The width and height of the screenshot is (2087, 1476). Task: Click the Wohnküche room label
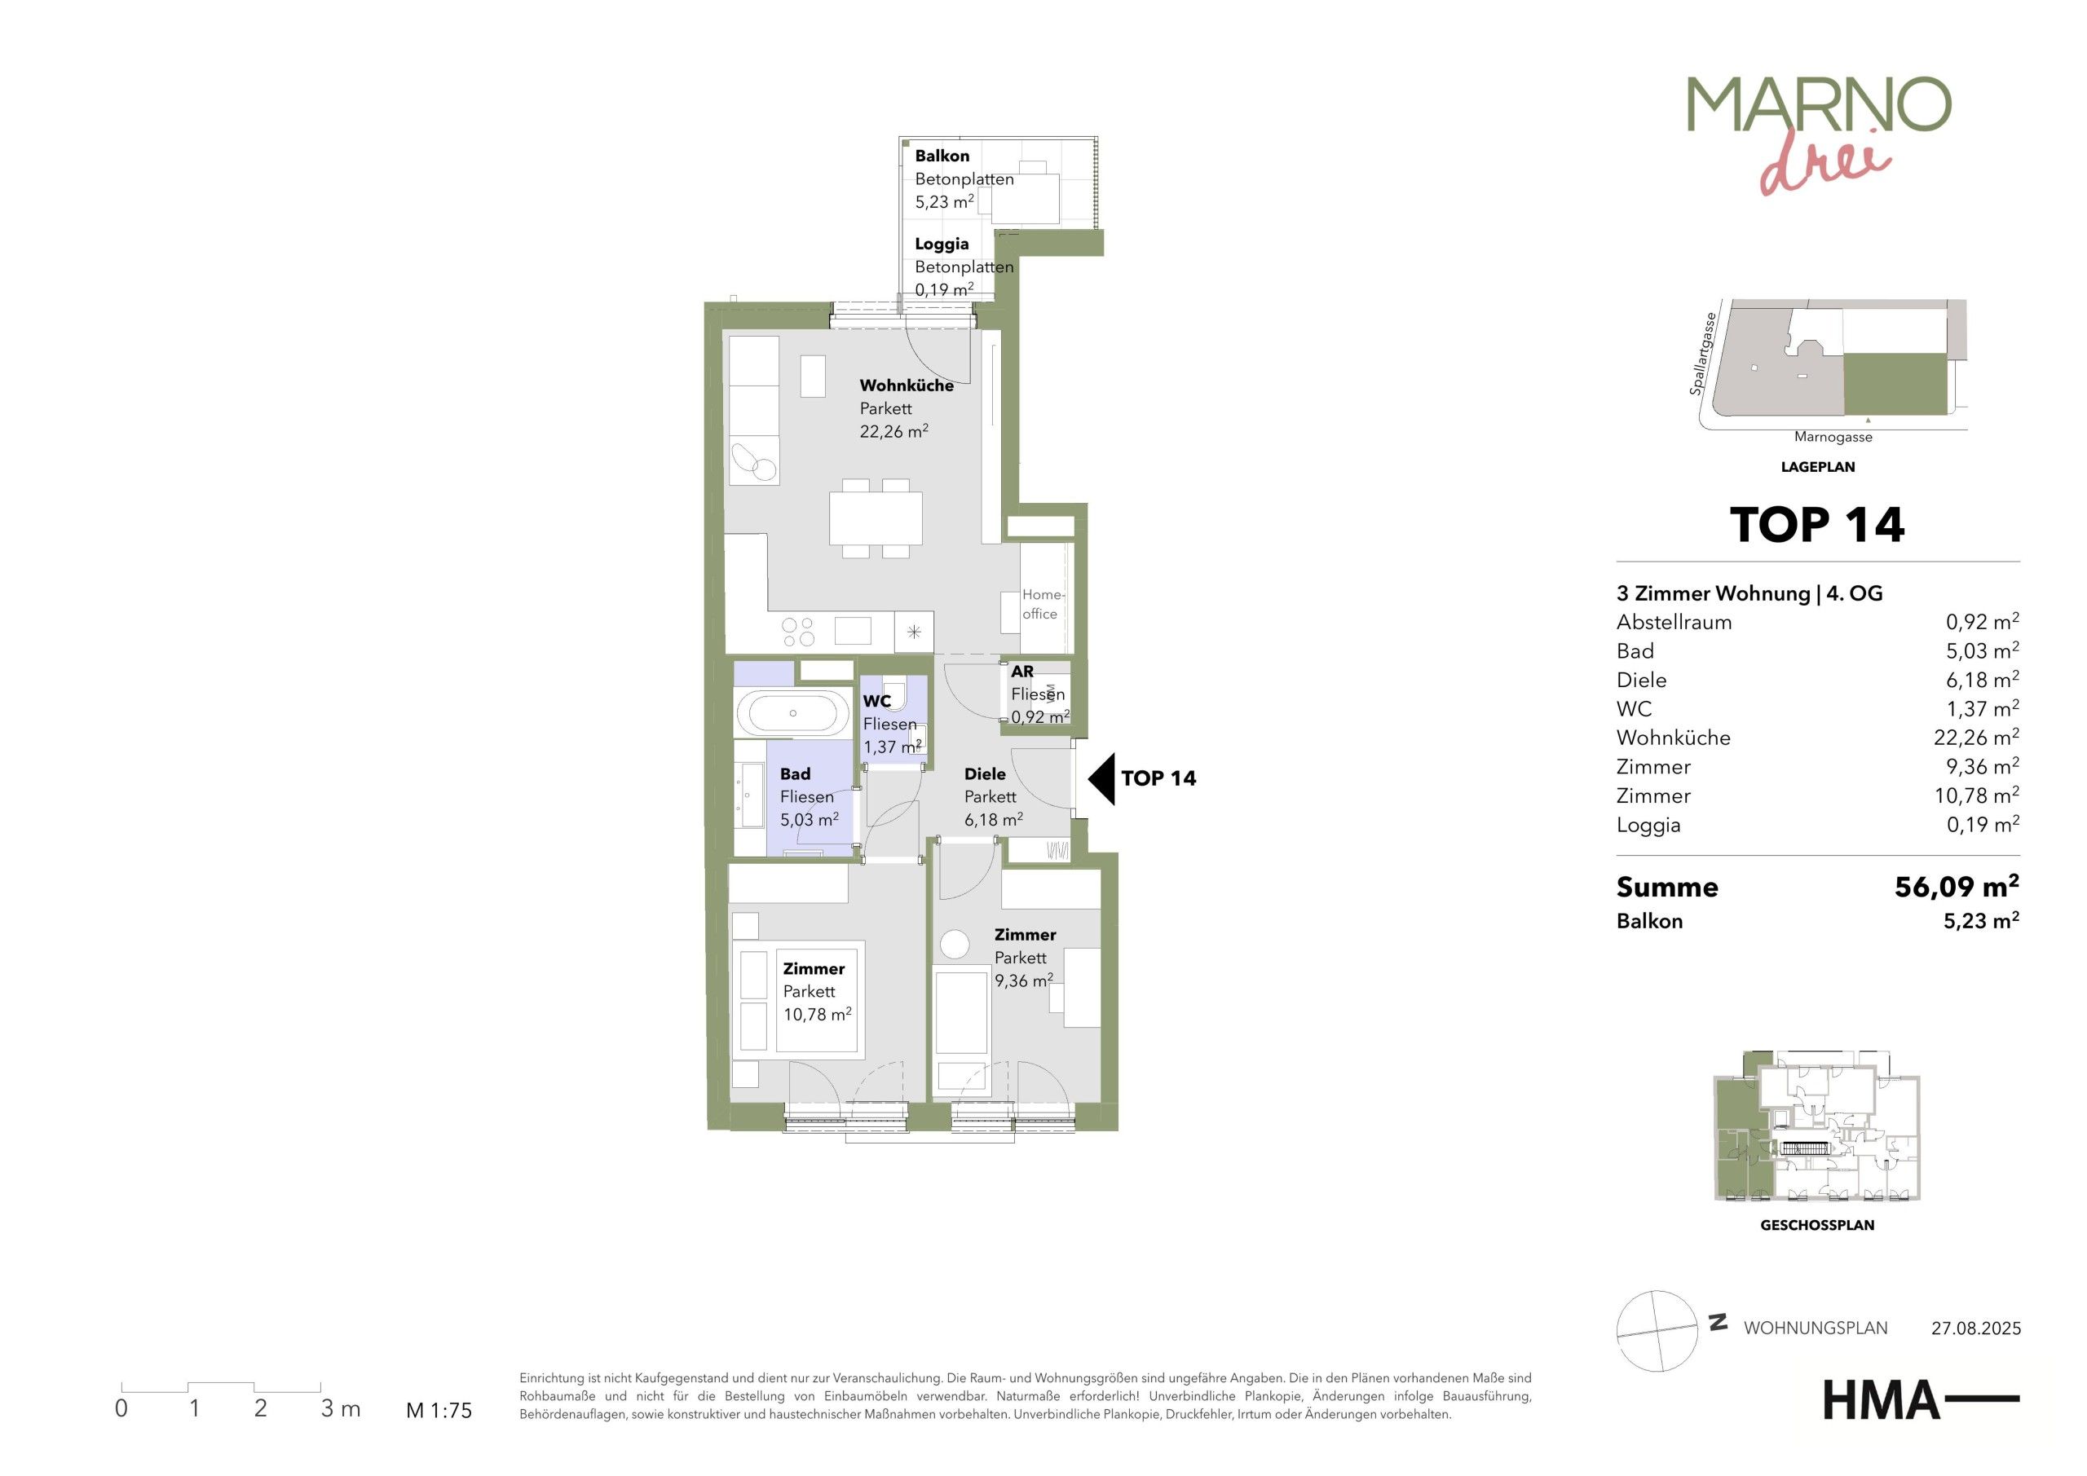point(907,386)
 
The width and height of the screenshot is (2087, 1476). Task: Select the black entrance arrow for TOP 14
point(1101,779)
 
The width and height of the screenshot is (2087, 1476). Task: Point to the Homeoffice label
point(1042,605)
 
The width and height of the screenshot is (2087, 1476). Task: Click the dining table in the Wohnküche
point(876,518)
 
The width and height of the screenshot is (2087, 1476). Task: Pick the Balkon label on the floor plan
point(942,156)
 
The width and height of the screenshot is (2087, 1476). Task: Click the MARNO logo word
point(1819,104)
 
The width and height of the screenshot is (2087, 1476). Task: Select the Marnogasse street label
point(1833,437)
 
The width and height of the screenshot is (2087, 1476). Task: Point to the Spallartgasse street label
point(1702,355)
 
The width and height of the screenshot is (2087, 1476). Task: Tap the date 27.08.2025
point(1976,1328)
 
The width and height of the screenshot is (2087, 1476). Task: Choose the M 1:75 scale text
point(439,1411)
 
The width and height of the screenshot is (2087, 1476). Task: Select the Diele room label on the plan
point(985,774)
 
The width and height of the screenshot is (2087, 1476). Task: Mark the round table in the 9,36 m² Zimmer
point(955,944)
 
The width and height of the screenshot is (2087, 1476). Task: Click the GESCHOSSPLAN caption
point(1817,1225)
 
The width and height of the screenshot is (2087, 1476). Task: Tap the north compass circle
point(1657,1331)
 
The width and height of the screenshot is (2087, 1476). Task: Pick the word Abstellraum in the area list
point(1674,623)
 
